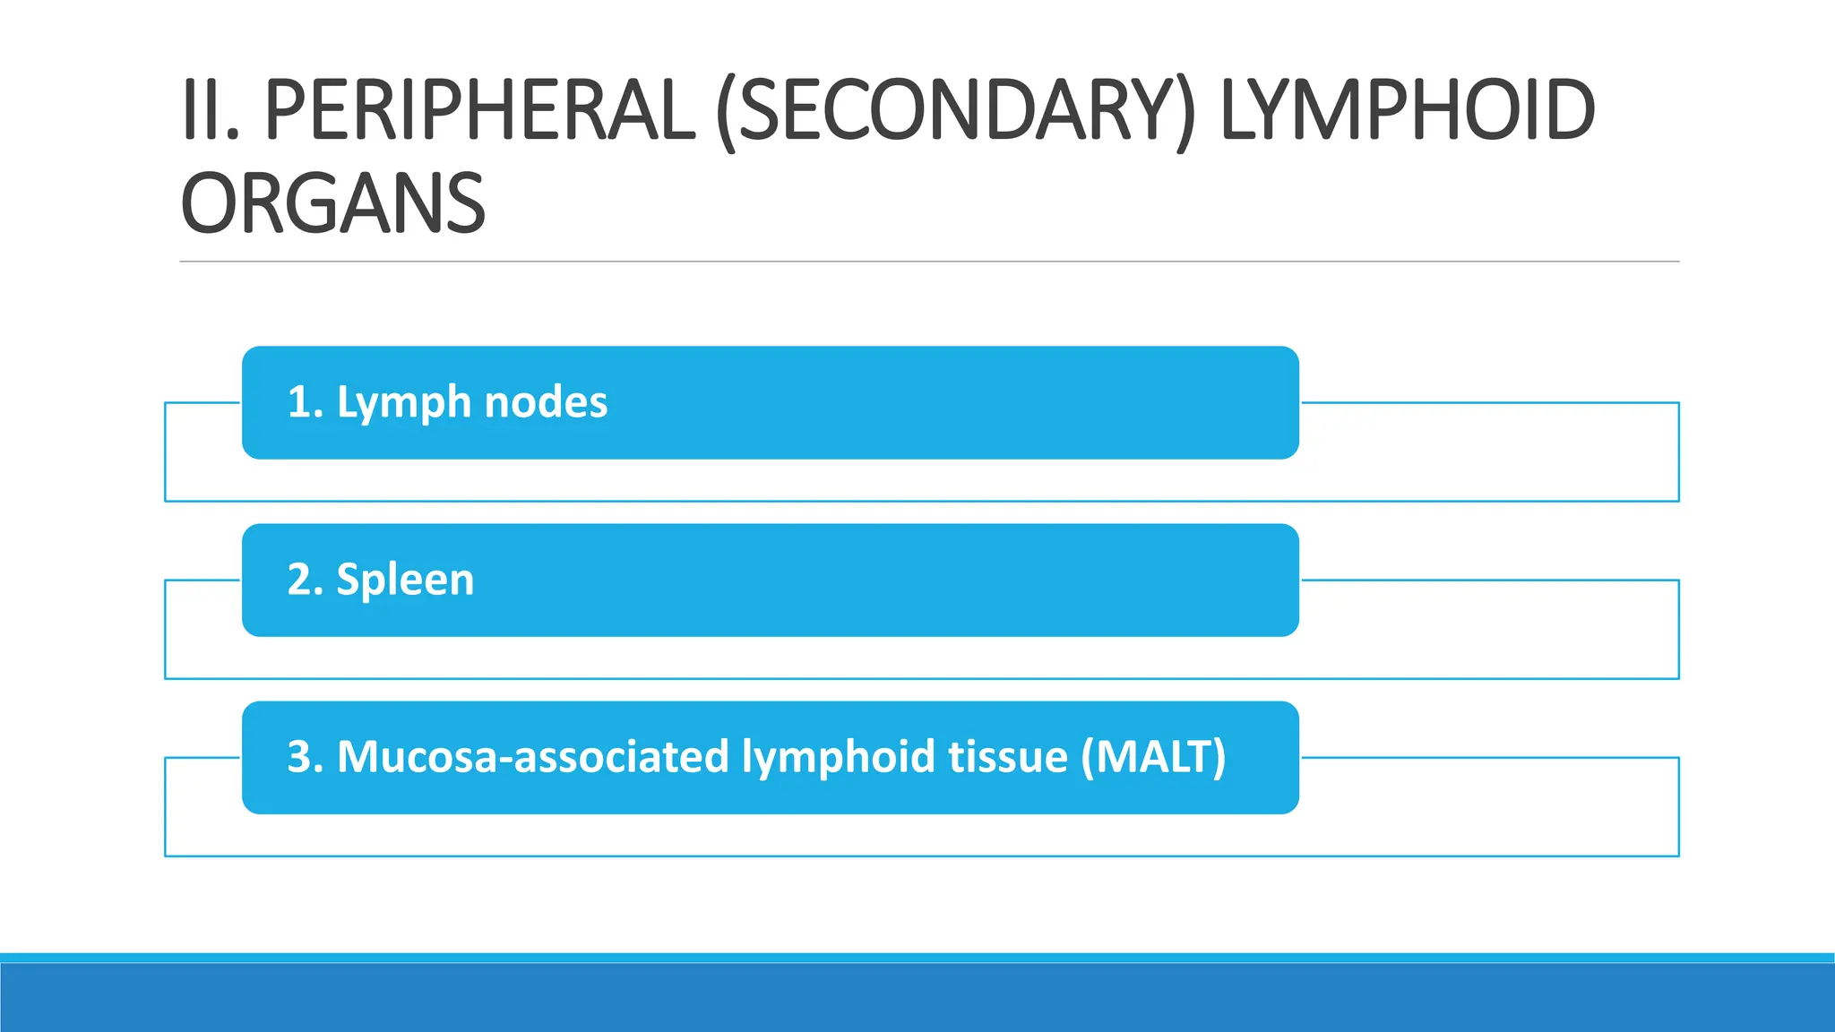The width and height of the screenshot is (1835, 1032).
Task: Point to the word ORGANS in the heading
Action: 333,204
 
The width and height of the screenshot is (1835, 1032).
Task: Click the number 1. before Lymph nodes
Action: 306,402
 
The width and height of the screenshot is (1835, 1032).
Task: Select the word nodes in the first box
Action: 546,402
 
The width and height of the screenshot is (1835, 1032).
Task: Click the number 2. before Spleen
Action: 306,580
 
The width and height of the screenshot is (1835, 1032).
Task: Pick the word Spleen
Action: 405,580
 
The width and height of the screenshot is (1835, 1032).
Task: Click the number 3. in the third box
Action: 306,757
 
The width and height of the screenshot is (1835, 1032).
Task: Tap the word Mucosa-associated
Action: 533,757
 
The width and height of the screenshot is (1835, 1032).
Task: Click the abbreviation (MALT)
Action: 1153,757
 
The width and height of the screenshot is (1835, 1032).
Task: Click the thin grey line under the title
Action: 929,262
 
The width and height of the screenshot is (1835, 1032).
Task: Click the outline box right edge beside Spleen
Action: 1678,629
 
